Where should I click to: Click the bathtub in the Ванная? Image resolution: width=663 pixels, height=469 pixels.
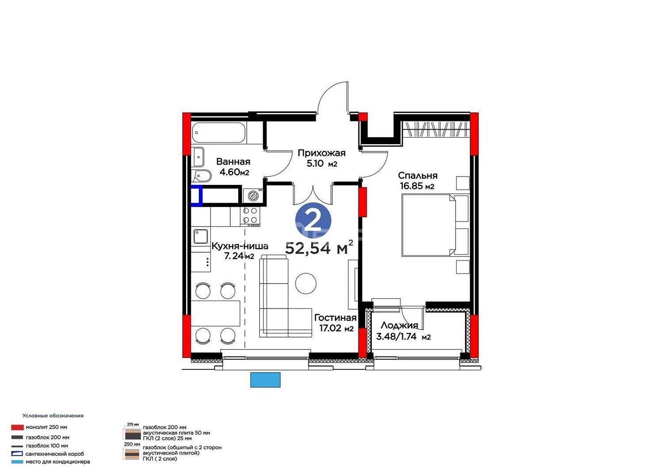pyautogui.click(x=219, y=133)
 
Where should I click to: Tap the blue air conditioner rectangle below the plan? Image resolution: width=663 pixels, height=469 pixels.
pyautogui.click(x=265, y=380)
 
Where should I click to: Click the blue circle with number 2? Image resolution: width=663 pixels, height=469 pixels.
pyautogui.click(x=313, y=220)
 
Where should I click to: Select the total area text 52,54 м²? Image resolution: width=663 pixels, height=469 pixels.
pyautogui.click(x=319, y=248)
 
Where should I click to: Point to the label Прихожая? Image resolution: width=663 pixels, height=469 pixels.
pyautogui.click(x=321, y=153)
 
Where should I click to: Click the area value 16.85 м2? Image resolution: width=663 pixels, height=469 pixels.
pyautogui.click(x=417, y=186)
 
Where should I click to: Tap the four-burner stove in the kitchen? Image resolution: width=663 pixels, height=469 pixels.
pyautogui.click(x=251, y=215)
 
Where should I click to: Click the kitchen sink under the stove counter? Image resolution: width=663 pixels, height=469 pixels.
pyautogui.click(x=201, y=236)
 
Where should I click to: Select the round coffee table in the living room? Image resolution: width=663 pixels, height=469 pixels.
pyautogui.click(x=306, y=284)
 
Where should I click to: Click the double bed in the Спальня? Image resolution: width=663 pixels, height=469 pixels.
pyautogui.click(x=435, y=225)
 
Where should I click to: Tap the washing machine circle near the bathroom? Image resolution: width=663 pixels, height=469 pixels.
pyautogui.click(x=253, y=196)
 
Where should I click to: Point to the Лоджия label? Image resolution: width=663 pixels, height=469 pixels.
pyautogui.click(x=399, y=325)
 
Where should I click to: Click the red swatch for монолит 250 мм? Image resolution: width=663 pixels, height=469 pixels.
pyautogui.click(x=18, y=427)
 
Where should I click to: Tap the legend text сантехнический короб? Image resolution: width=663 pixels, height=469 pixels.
pyautogui.click(x=55, y=454)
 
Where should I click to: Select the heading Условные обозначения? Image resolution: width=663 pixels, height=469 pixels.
pyautogui.click(x=53, y=415)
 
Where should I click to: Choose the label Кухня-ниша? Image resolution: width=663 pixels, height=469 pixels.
pyautogui.click(x=240, y=246)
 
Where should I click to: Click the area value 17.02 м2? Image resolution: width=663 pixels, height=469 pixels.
pyautogui.click(x=336, y=328)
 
